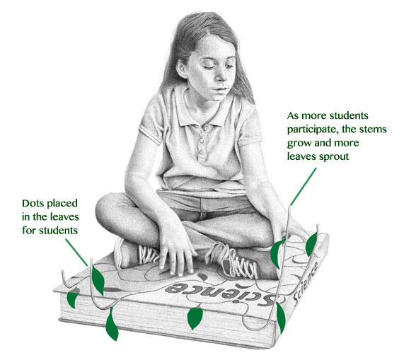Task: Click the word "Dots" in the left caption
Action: (x=31, y=203)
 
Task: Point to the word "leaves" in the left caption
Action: (x=64, y=217)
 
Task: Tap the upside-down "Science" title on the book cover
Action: (x=220, y=293)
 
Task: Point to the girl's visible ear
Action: (x=182, y=69)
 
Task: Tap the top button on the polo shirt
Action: (x=206, y=128)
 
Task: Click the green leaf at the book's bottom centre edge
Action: (x=195, y=318)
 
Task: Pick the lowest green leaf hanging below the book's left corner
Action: (x=112, y=325)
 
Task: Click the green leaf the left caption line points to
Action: (x=98, y=279)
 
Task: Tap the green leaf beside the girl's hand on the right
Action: (x=276, y=254)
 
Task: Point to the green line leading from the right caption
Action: (x=303, y=187)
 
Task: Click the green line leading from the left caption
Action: (x=76, y=252)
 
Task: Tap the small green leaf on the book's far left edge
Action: (x=72, y=298)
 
